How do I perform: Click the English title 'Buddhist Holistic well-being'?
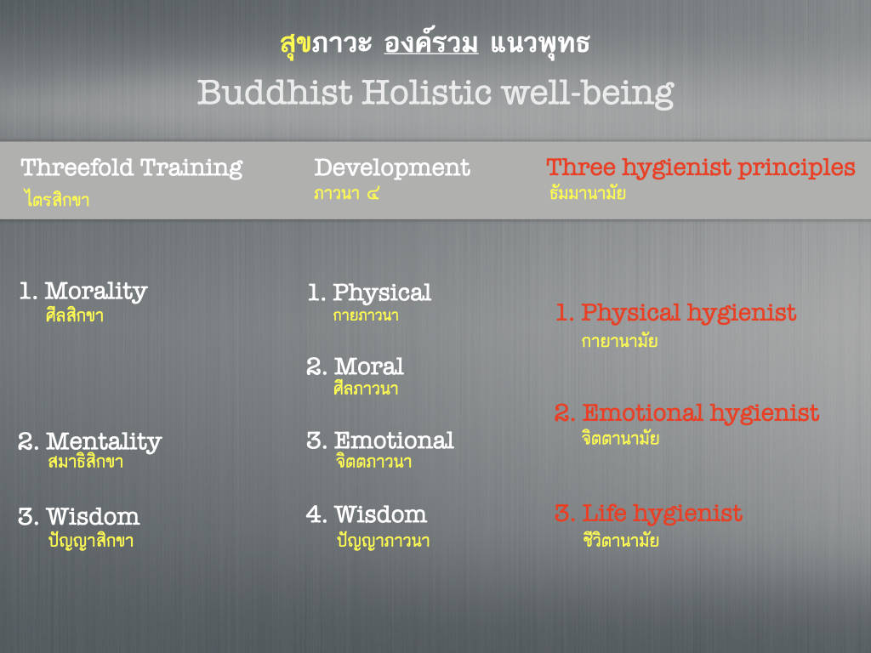[435, 92]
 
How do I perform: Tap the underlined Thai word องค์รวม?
[431, 43]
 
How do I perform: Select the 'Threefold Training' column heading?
[132, 168]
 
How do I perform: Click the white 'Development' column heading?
[392, 168]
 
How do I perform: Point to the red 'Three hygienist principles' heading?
[701, 168]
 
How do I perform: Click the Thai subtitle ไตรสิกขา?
[57, 198]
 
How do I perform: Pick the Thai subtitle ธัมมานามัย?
[588, 193]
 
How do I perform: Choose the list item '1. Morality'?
[83, 292]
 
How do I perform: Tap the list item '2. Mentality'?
[90, 442]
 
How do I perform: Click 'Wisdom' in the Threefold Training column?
[93, 516]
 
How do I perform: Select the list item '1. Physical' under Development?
[369, 293]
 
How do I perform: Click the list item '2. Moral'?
[355, 366]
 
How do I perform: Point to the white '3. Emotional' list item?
[380, 440]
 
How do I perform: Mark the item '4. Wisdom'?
[367, 514]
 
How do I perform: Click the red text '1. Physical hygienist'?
[676, 314]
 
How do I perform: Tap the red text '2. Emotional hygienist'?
[686, 414]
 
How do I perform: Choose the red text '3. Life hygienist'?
[648, 514]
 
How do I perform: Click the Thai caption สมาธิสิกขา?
[86, 462]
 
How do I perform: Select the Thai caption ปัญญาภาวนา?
[384, 540]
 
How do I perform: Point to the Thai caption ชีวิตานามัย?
[621, 540]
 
